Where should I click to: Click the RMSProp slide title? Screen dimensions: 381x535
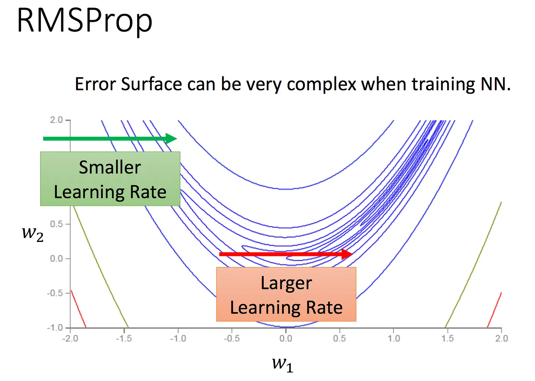click(84, 21)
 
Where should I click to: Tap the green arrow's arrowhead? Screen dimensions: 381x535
click(171, 139)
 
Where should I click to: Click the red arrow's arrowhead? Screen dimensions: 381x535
click(347, 254)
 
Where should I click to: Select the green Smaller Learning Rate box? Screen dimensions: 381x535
click(110, 179)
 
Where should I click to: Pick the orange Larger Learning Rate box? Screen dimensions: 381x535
click(286, 294)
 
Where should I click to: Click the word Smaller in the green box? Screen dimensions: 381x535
click(110, 167)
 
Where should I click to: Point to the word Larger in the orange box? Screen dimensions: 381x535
click(286, 283)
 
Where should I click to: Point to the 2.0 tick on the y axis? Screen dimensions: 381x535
click(56, 120)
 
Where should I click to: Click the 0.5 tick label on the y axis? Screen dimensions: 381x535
click(56, 224)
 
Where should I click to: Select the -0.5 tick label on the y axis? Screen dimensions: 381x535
click(55, 293)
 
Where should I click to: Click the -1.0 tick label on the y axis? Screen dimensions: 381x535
click(55, 328)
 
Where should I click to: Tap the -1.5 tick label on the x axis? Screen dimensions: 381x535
click(124, 339)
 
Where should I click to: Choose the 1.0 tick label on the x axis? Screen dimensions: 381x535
click(394, 339)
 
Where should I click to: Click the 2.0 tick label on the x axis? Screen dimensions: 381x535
click(501, 339)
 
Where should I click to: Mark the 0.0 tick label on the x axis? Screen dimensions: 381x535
click(285, 339)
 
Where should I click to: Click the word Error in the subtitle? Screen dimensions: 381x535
click(96, 84)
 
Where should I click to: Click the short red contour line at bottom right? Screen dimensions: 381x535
click(494, 310)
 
